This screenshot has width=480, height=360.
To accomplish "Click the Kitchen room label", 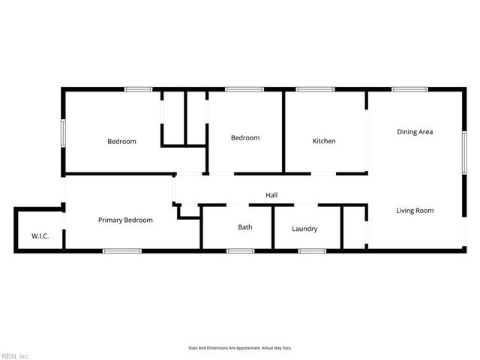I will [324, 141].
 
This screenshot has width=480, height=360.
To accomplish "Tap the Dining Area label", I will [415, 132].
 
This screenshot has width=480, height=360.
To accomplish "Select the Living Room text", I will [415, 211].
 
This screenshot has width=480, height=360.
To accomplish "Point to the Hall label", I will [271, 195].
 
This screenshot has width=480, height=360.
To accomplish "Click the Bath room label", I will [245, 227].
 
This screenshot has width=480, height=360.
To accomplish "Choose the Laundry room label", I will [304, 229].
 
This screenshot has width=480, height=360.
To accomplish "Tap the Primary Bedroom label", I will [126, 220].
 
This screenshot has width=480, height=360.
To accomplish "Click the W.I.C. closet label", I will [40, 237].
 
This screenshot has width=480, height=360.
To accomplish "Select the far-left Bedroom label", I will [121, 141].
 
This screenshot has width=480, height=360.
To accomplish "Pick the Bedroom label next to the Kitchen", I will [245, 138].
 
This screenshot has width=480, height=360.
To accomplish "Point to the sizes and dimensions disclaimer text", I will [239, 348].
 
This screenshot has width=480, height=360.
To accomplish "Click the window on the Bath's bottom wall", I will [241, 250].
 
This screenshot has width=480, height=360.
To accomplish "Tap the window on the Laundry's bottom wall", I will [311, 250].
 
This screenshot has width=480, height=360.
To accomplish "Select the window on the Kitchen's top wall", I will [315, 90].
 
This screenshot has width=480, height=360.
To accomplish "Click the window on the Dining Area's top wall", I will [409, 90].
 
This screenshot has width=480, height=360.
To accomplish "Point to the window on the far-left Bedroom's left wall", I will [64, 134].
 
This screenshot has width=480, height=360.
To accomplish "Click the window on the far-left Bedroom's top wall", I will [138, 90].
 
